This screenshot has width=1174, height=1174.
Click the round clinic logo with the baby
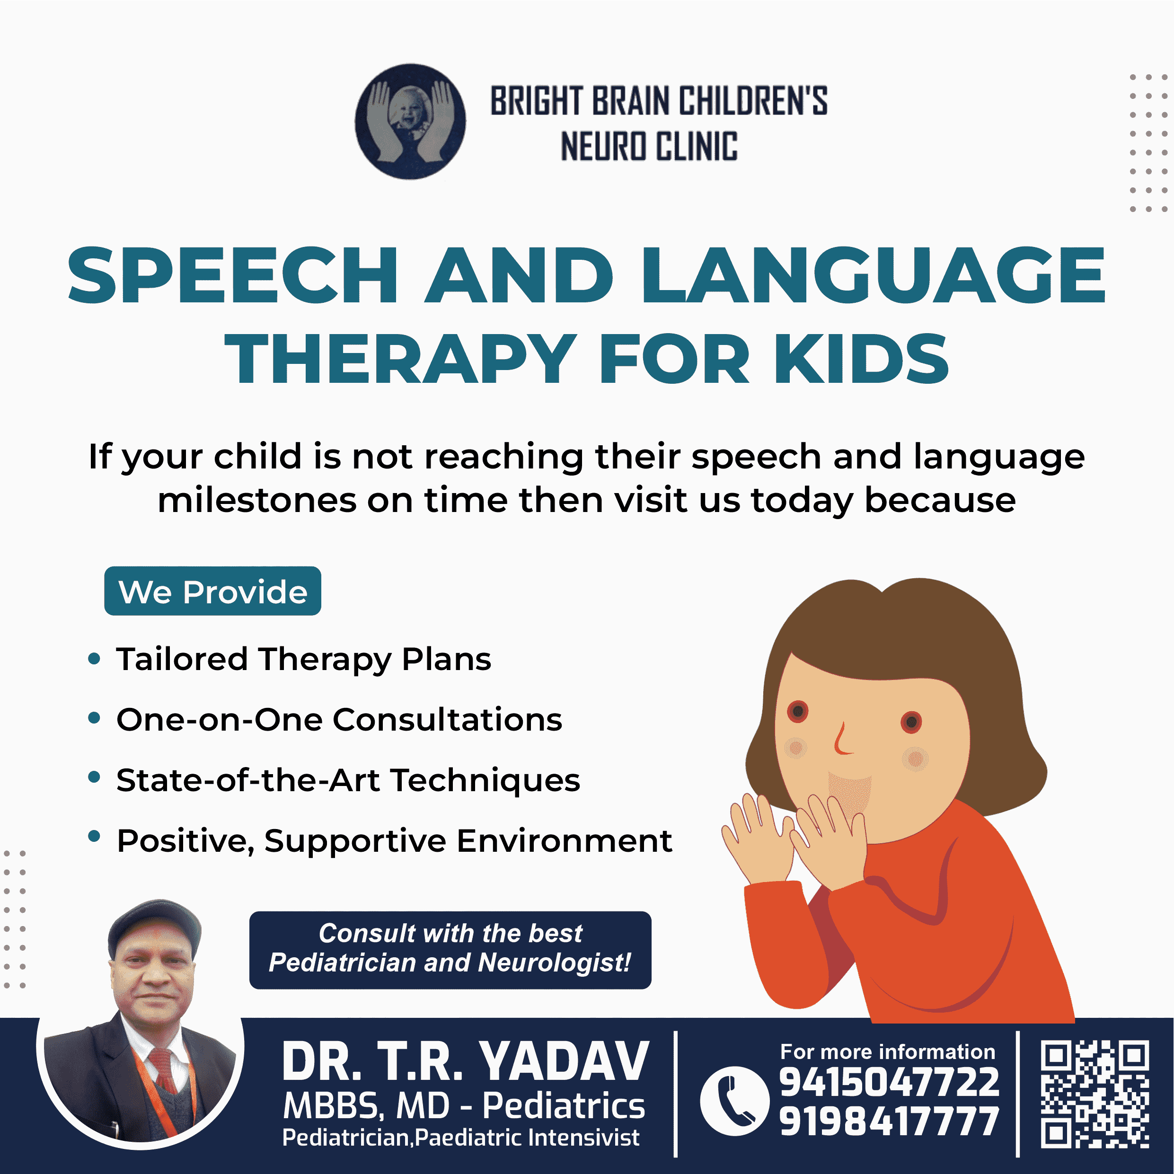pos(410,122)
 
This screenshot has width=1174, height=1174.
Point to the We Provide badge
pos(212,591)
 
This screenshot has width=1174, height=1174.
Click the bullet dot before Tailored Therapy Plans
pos(94,659)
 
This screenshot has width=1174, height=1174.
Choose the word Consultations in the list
pos(447,719)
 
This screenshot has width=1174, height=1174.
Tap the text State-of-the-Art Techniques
pos(348,780)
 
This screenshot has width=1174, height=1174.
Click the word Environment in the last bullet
pos(565,841)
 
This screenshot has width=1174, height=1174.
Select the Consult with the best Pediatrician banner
pos(450,950)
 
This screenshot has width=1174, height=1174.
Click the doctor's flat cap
pos(154,927)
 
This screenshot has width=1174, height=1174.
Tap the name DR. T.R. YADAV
pos(466,1061)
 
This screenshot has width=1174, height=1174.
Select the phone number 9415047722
pos(889,1082)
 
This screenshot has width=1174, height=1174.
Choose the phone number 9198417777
pos(889,1121)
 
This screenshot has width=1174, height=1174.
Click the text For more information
pos(888,1051)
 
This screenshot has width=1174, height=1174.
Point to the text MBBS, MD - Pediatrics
pos(464,1105)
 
